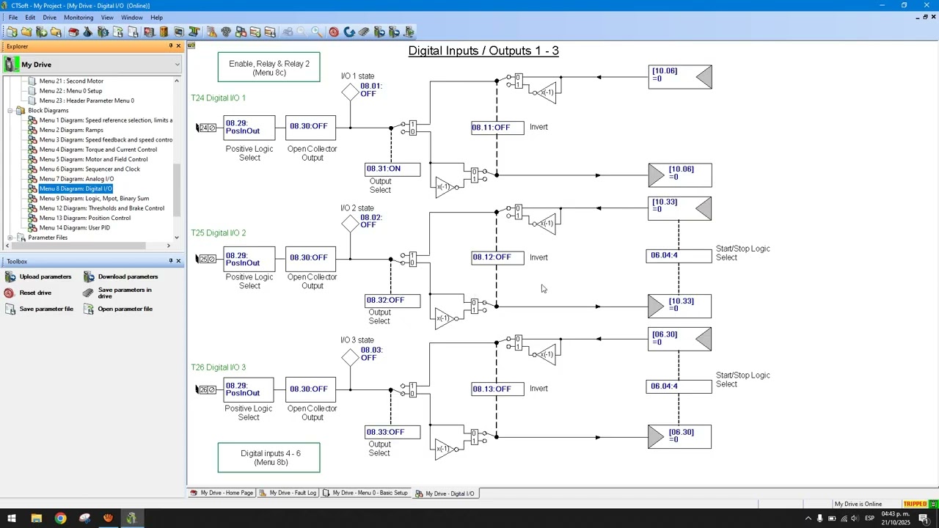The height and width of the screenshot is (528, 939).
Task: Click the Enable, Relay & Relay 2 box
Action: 268,67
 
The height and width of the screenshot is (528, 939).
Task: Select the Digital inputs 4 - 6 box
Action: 268,458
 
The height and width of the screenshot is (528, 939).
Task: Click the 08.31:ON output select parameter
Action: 392,169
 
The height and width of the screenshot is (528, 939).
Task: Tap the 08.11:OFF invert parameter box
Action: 497,128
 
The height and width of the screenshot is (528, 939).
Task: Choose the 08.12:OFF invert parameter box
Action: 497,257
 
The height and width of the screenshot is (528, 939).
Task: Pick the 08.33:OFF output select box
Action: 392,432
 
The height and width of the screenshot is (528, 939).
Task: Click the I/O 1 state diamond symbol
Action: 350,92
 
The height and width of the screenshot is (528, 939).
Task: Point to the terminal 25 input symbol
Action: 206,259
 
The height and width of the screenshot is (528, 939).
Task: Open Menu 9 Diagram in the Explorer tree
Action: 94,198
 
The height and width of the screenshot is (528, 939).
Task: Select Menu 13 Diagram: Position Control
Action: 84,218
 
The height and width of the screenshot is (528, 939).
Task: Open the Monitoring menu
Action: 78,18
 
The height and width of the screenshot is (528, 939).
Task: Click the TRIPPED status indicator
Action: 915,504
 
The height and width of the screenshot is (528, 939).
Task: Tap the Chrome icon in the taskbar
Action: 60,518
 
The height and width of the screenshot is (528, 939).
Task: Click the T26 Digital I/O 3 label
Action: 219,367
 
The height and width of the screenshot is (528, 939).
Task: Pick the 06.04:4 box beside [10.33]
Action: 679,256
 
